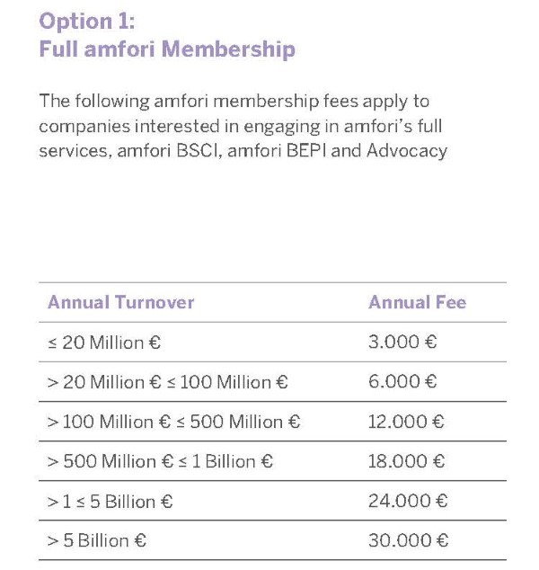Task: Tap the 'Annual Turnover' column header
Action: click(120, 303)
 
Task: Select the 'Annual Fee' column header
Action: click(417, 303)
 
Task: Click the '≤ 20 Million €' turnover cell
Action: click(104, 343)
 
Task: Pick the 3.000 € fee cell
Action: click(402, 343)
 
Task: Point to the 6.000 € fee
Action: click(402, 382)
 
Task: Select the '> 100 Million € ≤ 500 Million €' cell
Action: click(173, 422)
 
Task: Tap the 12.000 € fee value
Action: click(407, 422)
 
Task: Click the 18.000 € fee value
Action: click(407, 461)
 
